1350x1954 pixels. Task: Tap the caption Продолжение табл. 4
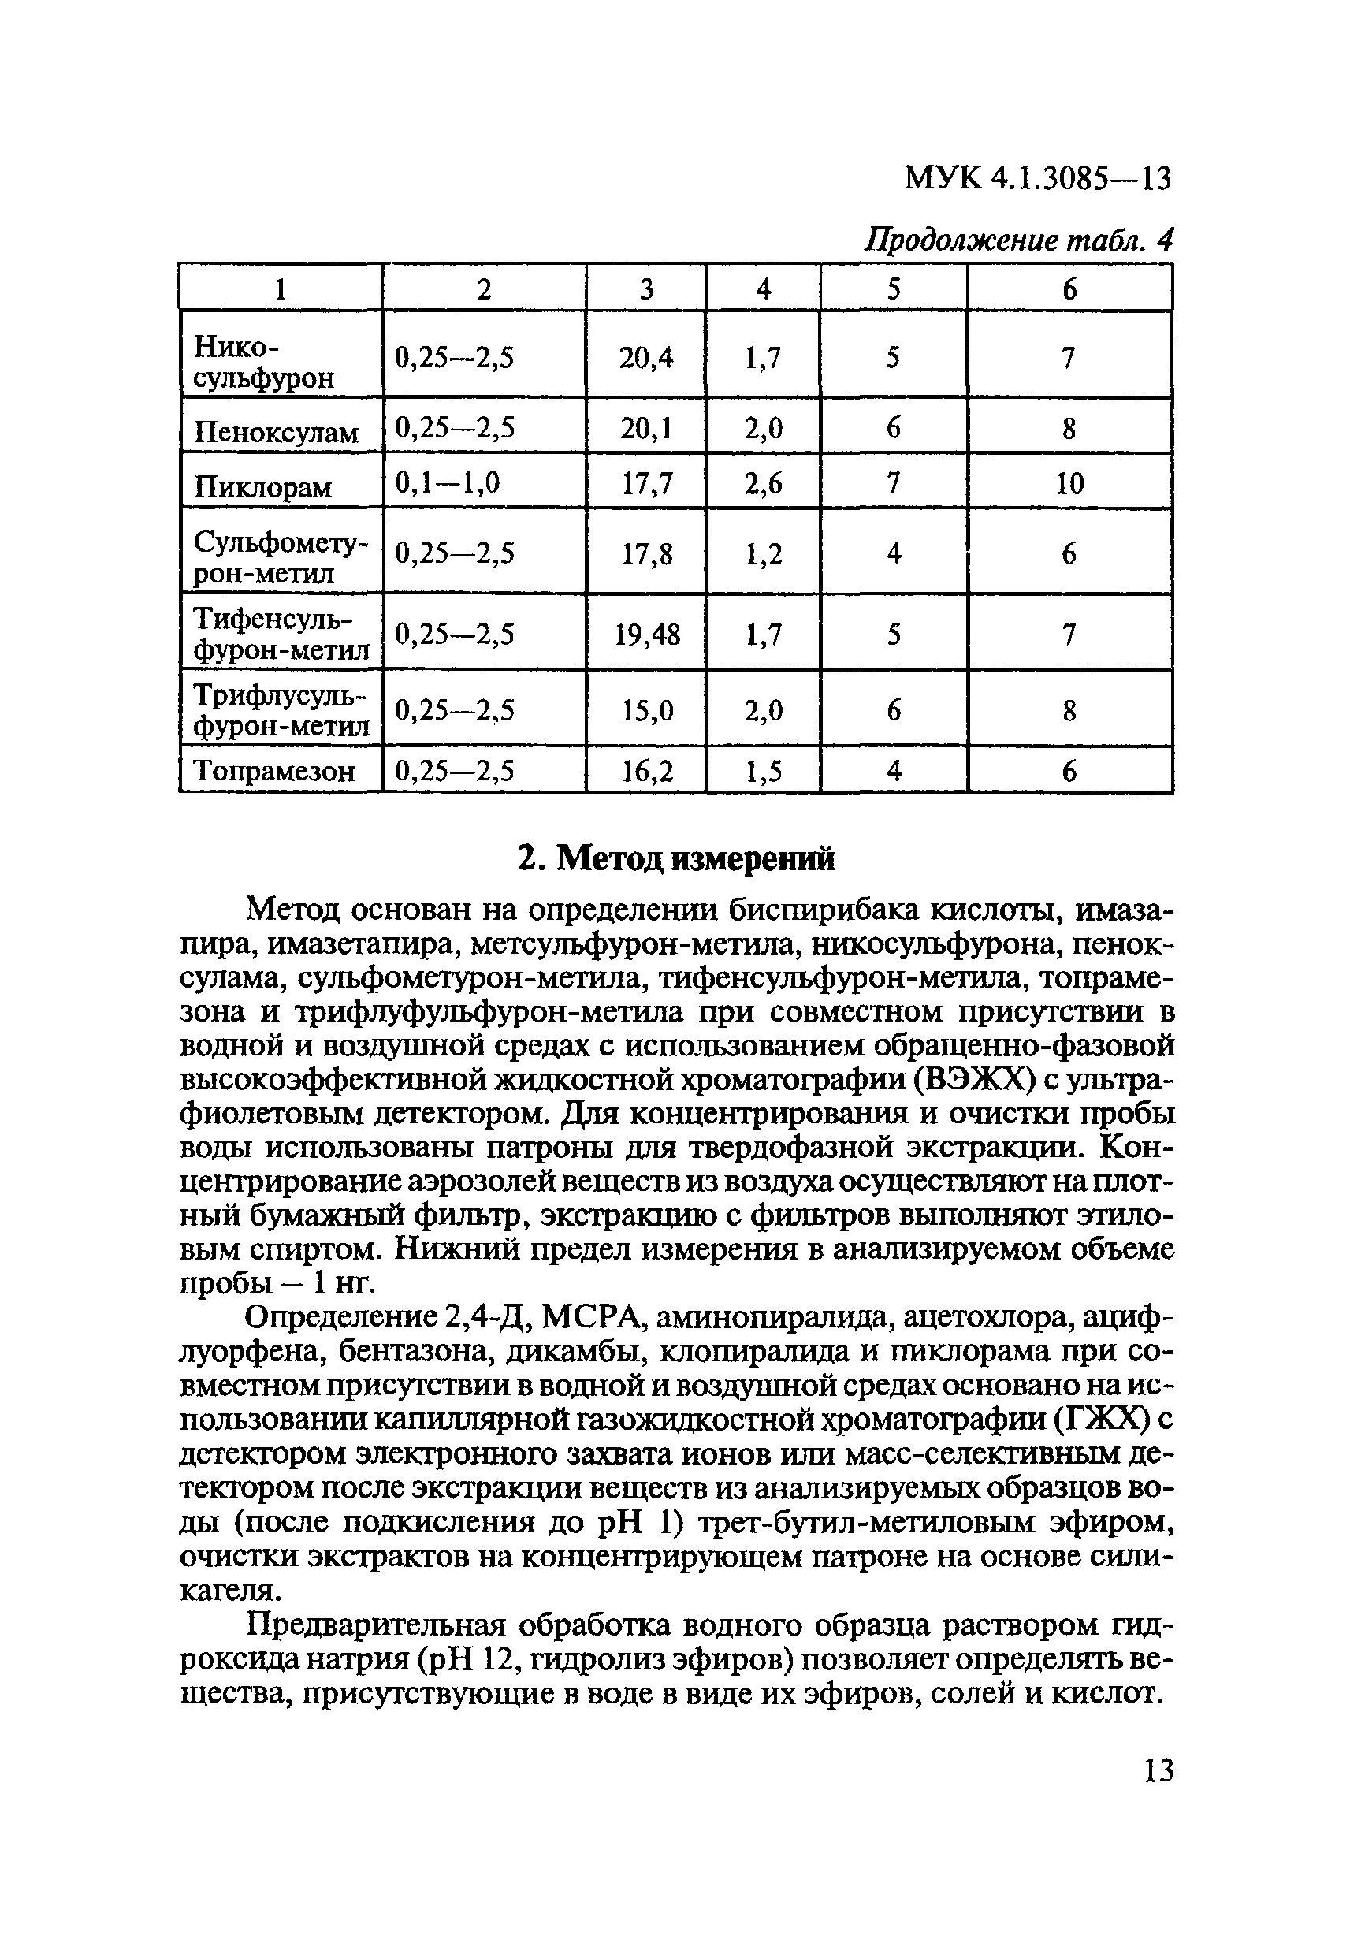[1017, 241]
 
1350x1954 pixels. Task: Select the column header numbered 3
[646, 290]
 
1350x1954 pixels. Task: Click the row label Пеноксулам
[277, 433]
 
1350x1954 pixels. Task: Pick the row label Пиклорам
[263, 487]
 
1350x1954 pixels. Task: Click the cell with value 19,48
[647, 635]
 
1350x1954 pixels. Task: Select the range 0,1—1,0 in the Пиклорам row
[448, 482]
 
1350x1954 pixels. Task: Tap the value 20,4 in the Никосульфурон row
[646, 359]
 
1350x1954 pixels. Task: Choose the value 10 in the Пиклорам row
[1069, 484]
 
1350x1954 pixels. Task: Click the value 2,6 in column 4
[763, 484]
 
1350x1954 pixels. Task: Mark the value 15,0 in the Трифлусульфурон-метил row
[647, 710]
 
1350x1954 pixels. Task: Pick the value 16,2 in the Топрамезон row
[647, 772]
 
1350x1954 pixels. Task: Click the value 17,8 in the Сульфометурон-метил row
[647, 554]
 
